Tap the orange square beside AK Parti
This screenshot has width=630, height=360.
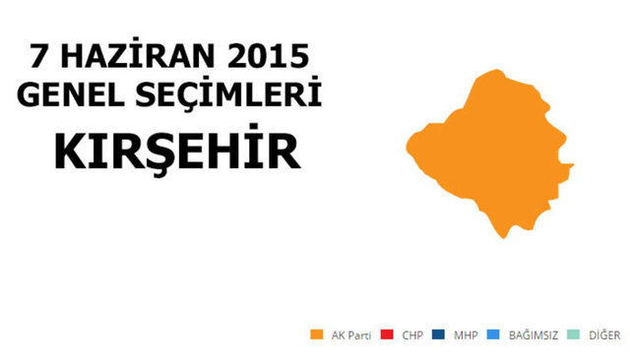316,335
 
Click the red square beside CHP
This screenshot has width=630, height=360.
385,335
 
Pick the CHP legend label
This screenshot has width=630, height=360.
411,335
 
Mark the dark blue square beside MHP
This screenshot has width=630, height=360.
438,335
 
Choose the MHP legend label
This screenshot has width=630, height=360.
466,335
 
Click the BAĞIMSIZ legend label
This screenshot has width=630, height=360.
533,335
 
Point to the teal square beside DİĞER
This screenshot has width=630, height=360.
572,335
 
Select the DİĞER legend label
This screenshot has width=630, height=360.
602,335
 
